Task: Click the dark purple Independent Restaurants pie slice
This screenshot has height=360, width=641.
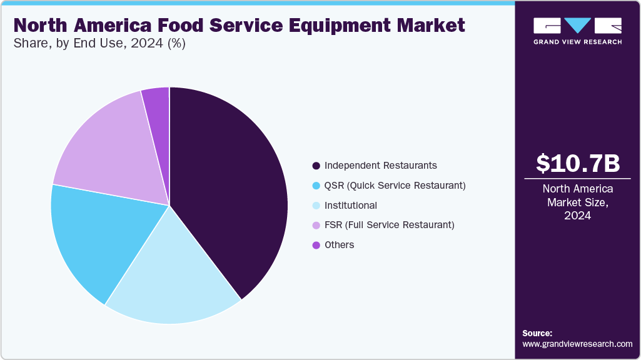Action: click(x=231, y=187)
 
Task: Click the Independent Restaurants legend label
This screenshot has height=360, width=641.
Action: click(x=380, y=166)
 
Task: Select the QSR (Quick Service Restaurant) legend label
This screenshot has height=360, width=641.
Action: click(x=395, y=186)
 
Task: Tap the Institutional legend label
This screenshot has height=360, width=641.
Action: click(x=350, y=205)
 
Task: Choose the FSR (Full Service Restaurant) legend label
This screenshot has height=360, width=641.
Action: click(x=389, y=225)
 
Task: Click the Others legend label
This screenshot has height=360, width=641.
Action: click(x=339, y=245)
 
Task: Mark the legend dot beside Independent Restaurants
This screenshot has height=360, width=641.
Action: click(x=316, y=166)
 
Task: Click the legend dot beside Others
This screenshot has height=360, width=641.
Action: click(x=316, y=245)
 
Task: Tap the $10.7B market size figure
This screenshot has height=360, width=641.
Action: click(x=578, y=163)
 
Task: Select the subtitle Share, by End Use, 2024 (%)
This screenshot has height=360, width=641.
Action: click(x=99, y=44)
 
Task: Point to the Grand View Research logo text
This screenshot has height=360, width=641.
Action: click(x=577, y=42)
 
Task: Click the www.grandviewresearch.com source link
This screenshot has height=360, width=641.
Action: click(x=577, y=344)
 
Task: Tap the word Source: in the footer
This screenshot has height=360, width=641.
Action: click(x=537, y=333)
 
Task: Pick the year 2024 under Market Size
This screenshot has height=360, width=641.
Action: click(x=578, y=216)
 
